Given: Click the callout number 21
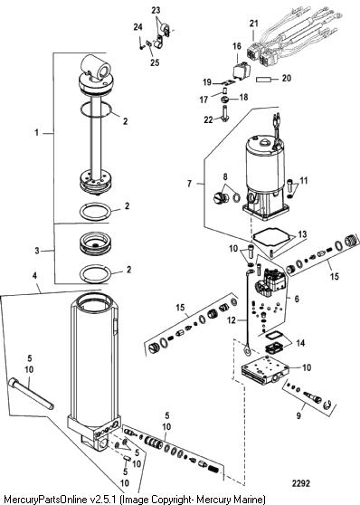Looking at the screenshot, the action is (254, 24).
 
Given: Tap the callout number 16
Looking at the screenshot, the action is (237, 46).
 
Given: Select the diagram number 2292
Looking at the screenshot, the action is (301, 483).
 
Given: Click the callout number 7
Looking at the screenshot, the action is (190, 184).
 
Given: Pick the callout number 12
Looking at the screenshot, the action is (232, 320).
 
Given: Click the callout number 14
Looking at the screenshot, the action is (300, 343).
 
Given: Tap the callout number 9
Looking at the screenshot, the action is (298, 415).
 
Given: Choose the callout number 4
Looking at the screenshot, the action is (34, 276).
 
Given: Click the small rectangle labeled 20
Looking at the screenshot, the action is (264, 80).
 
